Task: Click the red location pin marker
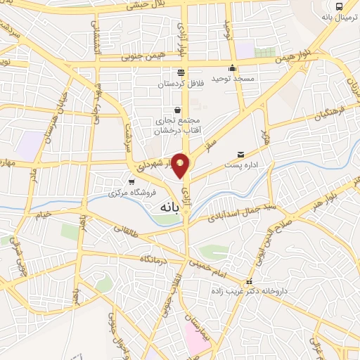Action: [181, 165]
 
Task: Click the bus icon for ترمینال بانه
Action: [340, 6]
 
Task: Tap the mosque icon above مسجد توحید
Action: [233, 68]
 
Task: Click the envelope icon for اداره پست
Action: [241, 154]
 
